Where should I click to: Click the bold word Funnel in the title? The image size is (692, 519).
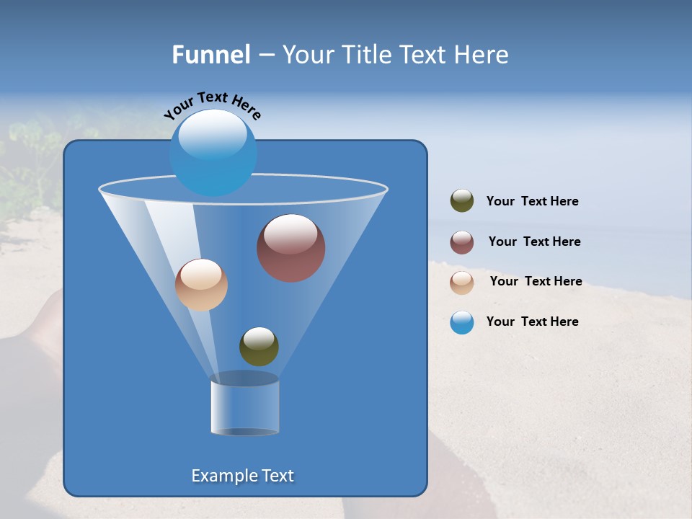point(210,55)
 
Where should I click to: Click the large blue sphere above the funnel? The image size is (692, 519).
point(213,153)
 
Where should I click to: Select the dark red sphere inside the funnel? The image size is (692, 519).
point(290,248)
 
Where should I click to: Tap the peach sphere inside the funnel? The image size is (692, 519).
point(201,285)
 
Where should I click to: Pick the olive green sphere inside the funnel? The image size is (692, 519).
point(259,347)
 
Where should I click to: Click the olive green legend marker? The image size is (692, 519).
point(462,201)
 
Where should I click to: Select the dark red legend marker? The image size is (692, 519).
point(462,242)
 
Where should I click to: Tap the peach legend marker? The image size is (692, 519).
point(462,283)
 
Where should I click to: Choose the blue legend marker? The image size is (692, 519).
point(462,322)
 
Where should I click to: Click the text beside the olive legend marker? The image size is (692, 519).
point(532,202)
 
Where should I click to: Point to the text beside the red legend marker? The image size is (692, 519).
point(534,242)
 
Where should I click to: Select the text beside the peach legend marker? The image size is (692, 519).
point(536,282)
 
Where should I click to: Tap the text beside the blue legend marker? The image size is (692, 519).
point(532,322)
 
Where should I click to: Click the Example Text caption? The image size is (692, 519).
point(242,476)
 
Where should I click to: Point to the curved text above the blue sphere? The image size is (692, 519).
point(212,103)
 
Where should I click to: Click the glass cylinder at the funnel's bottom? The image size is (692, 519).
point(244,407)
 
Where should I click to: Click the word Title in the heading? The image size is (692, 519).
point(368,55)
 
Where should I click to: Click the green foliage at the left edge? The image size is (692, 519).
point(29,166)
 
